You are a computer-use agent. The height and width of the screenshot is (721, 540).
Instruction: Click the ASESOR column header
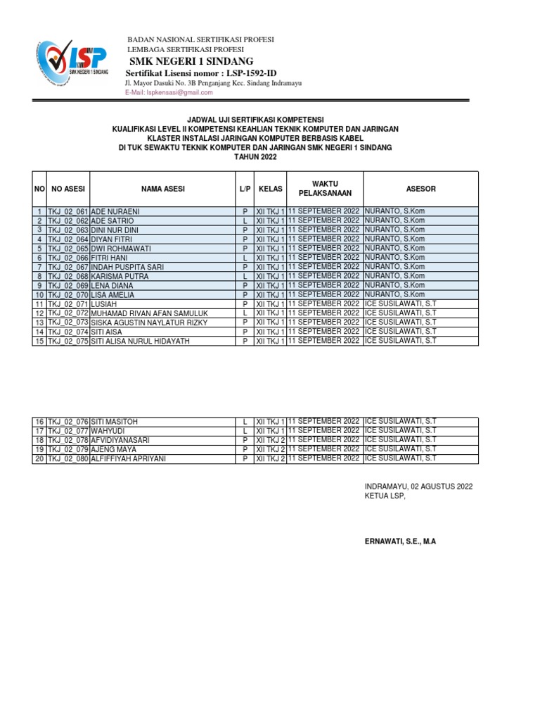[x=420, y=189]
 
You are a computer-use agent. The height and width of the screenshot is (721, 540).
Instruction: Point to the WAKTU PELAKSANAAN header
[x=324, y=189]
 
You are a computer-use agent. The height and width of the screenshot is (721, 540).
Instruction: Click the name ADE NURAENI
[x=115, y=211]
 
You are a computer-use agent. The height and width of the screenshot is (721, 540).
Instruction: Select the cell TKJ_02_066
[x=67, y=258]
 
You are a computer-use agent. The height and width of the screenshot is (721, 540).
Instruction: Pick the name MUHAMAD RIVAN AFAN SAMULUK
[x=149, y=313]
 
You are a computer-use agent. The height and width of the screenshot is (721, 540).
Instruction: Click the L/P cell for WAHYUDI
[x=244, y=431]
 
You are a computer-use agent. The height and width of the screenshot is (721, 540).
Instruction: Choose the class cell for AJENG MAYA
[x=270, y=449]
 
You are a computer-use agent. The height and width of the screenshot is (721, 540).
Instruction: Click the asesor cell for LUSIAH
[x=401, y=303]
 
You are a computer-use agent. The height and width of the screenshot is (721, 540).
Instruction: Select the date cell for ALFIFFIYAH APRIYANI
[x=324, y=458]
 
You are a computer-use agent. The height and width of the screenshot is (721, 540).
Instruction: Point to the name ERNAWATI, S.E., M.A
[x=400, y=541]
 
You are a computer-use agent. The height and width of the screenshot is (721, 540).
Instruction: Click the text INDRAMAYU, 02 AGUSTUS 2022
[x=418, y=487]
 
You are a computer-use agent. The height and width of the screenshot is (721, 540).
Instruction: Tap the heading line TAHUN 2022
[x=255, y=158]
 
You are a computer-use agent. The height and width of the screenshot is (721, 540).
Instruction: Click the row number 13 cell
[x=39, y=322]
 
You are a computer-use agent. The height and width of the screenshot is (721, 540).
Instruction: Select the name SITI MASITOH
[x=115, y=422]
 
